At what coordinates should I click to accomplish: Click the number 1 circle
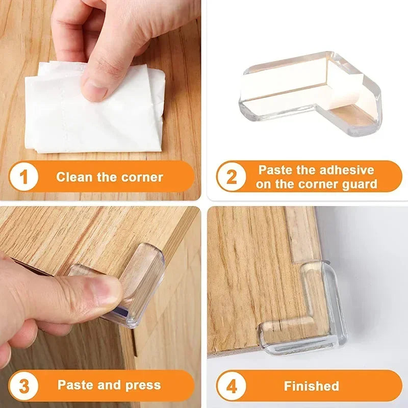click(x=23, y=177)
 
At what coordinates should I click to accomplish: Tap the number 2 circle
click(x=232, y=177)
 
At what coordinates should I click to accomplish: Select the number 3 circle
click(x=23, y=386)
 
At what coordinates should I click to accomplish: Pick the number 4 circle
click(x=232, y=386)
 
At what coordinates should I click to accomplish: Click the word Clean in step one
click(x=74, y=177)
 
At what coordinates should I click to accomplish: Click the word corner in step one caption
click(x=143, y=177)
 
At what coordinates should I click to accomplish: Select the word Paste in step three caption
click(x=74, y=385)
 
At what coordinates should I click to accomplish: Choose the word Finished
click(x=311, y=386)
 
